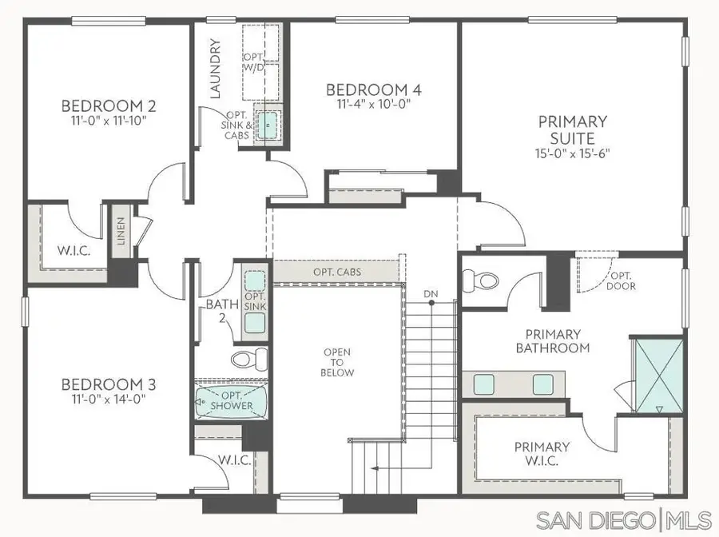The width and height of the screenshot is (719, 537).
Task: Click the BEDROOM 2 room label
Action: pos(109,105)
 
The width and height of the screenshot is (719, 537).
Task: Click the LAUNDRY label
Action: pos(214,69)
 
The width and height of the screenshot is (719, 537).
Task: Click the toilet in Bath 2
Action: pos(240,357)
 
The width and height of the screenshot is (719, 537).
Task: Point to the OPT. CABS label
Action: pos(337,272)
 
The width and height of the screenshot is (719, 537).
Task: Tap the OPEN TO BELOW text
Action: pos(338,362)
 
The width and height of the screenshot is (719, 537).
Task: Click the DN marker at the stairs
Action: pos(431,295)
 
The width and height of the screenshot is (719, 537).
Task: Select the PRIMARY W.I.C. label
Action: pos(542,454)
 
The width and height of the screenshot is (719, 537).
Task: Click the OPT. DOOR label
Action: pos(621,280)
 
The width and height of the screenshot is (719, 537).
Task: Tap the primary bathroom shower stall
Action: pos(657,374)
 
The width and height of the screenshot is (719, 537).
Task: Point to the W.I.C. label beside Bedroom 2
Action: pos(73,250)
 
